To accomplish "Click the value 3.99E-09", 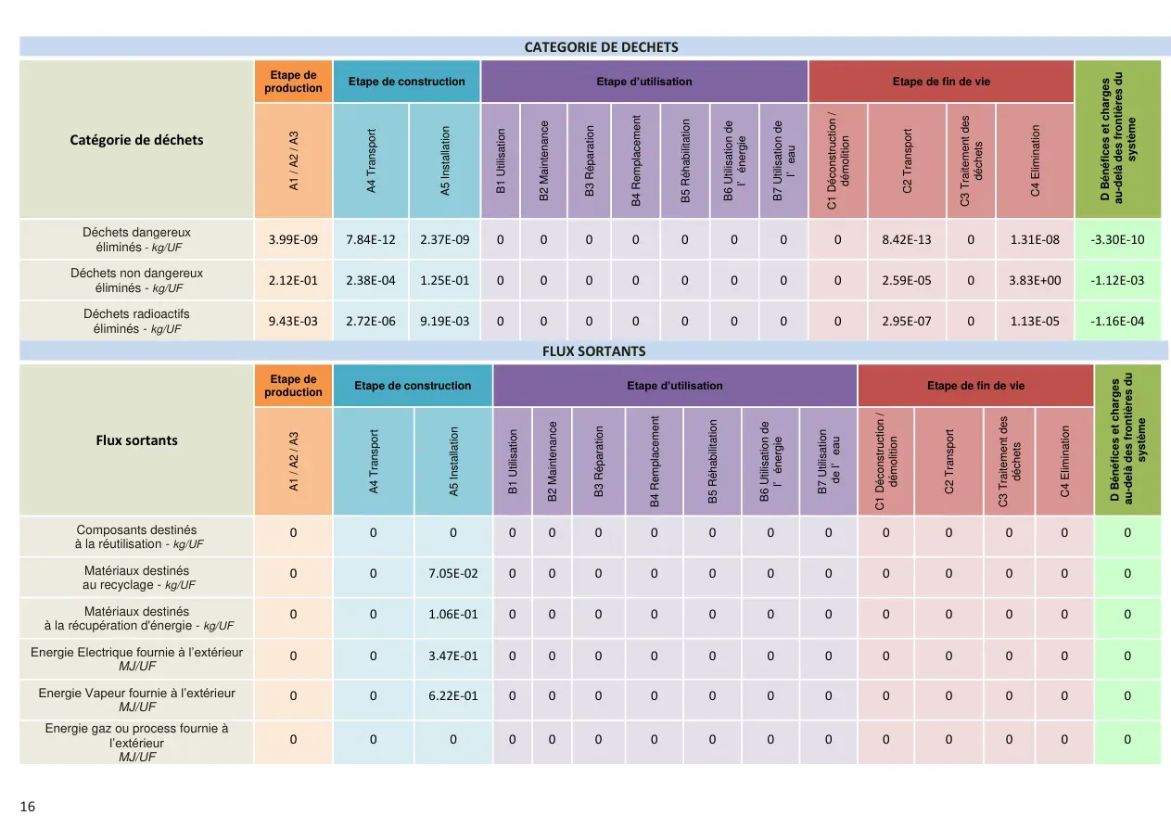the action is [293, 239].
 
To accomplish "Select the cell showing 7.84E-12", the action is [370, 239].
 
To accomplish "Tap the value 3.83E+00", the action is [1035, 280].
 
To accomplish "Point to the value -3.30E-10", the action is [1117, 239].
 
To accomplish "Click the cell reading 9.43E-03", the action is [293, 321].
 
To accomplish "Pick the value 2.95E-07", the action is [907, 321].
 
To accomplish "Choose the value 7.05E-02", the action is [452, 573].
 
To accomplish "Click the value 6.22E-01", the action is [452, 695].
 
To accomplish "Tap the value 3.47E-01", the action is [452, 656].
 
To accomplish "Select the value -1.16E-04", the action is [1117, 321].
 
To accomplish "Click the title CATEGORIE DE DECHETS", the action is [601, 47].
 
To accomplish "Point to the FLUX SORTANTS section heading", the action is [594, 351].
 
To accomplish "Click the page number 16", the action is [27, 807].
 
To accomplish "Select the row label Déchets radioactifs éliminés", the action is [136, 321].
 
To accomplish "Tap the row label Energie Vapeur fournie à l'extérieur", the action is [136, 699].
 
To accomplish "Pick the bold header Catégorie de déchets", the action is [136, 140].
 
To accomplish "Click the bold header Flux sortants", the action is [136, 440].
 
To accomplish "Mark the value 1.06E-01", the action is [452, 614].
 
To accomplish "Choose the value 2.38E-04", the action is [370, 280].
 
